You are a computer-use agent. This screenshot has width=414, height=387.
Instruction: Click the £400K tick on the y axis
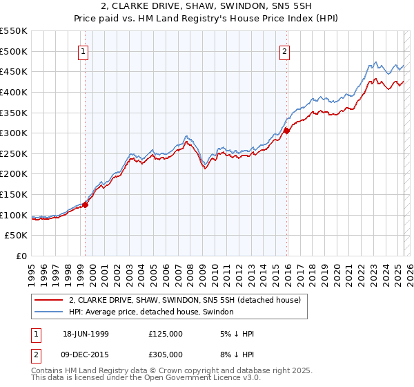14,92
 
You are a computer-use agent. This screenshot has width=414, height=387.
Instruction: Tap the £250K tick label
14,153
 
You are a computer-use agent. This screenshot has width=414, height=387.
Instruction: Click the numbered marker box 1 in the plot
83,50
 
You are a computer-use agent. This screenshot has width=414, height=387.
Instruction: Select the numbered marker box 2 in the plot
284,50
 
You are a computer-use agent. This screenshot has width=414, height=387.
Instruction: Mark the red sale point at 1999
86,205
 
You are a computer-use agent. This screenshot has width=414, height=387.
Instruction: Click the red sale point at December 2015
286,131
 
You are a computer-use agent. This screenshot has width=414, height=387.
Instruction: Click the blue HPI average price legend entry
150,312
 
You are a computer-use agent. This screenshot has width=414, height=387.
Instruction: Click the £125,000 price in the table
165,334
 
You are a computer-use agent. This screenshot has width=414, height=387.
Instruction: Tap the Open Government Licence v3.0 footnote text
193,378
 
